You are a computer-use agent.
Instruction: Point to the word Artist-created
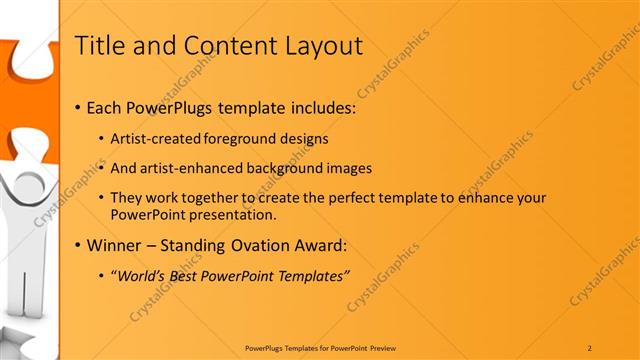156,138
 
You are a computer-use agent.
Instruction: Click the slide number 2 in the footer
590,347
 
